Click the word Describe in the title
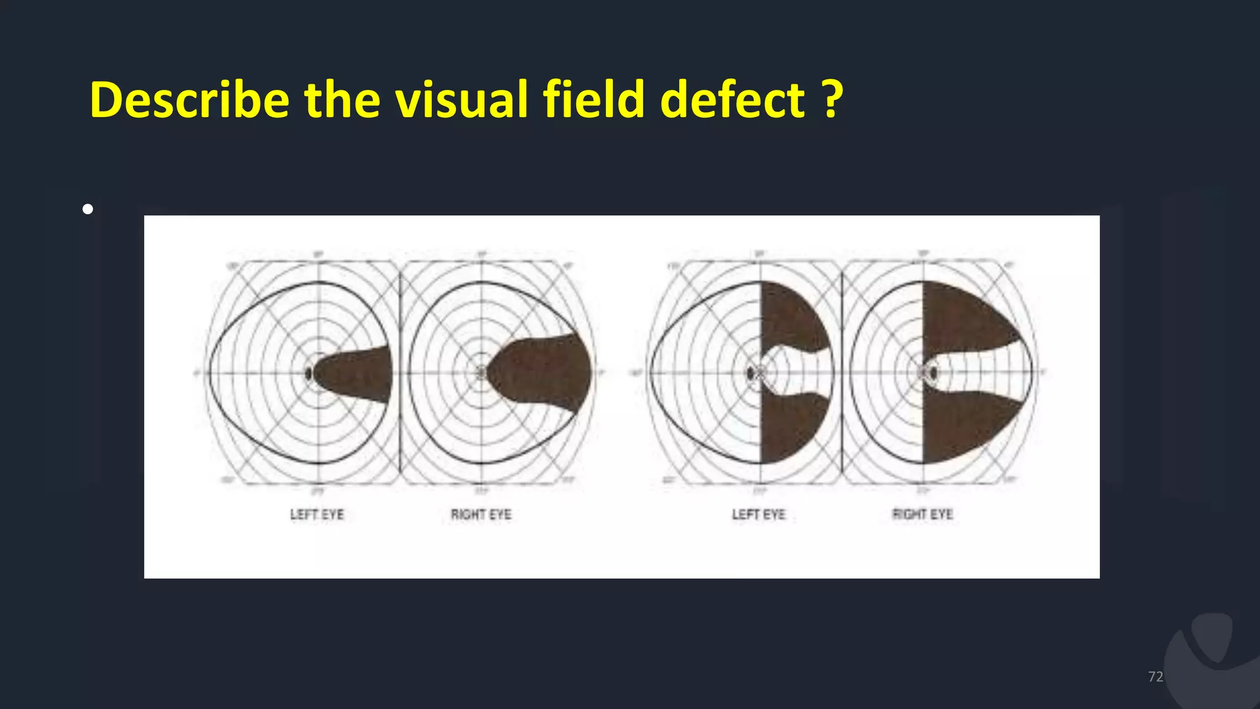(x=189, y=100)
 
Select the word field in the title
(x=594, y=100)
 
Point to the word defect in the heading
(x=732, y=100)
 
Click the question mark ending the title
(x=832, y=100)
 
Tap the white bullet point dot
(x=88, y=209)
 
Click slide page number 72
(x=1155, y=676)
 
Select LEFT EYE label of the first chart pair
(x=317, y=515)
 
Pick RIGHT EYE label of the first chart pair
(x=481, y=515)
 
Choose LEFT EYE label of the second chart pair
(x=759, y=515)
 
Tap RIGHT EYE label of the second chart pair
(x=922, y=515)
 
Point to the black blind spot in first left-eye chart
(x=308, y=373)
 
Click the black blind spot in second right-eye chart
(x=934, y=373)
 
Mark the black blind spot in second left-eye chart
(x=750, y=373)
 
